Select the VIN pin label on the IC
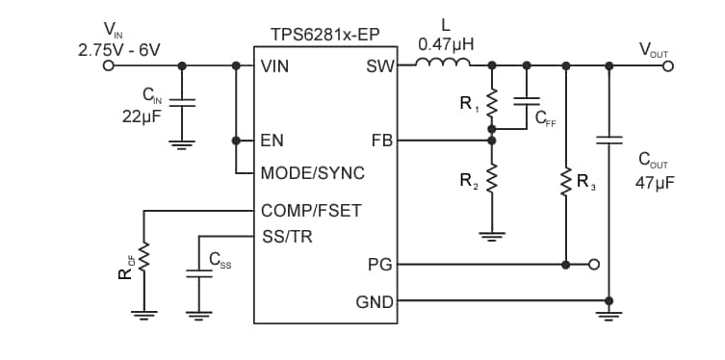(275, 66)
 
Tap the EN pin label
(272, 140)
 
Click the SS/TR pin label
(286, 236)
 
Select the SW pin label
(379, 66)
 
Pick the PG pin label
(381, 264)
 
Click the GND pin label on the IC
(375, 301)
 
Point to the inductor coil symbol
(443, 64)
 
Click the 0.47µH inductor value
(445, 43)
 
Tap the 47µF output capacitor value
(655, 181)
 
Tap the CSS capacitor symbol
(198, 273)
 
